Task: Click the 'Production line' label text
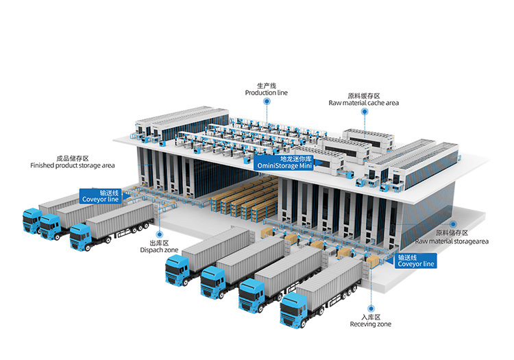click(267, 93)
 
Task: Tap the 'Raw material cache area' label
click(363, 103)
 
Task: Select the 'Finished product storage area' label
click(72, 165)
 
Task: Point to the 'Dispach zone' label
click(160, 250)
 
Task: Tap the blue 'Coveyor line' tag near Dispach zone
click(101, 200)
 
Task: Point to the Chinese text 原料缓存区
click(363, 95)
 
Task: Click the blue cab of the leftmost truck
click(31, 221)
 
